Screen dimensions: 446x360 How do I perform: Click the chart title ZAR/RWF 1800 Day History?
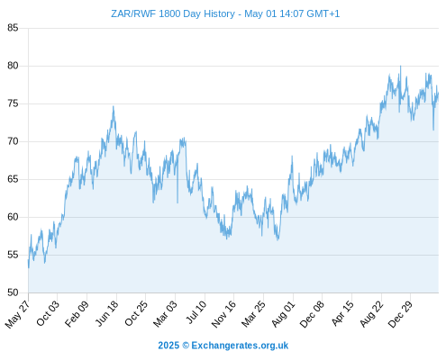173,13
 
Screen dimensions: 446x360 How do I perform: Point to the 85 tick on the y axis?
13,28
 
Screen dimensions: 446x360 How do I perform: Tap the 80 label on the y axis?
13,66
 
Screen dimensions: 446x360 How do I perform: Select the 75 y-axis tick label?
13,103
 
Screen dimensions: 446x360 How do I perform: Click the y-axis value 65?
13,179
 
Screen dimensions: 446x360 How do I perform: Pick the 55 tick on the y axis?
13,255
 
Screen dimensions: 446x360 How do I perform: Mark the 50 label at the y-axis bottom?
13,292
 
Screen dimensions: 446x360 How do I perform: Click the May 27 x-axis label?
18,314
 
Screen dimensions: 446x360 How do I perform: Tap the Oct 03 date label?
48,313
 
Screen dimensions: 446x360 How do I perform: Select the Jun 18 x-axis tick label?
107,313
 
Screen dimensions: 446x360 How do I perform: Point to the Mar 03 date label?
166,314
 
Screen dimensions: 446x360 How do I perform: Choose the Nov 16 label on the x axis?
224,314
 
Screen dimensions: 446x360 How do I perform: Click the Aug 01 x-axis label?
284,314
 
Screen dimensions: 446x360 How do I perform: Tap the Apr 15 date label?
342,313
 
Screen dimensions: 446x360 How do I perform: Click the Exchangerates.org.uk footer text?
240,346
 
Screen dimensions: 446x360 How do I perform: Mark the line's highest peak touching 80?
400,67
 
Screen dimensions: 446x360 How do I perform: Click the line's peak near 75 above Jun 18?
114,106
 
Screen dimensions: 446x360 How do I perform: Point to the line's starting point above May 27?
29,267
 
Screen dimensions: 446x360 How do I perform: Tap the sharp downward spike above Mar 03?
177,202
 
